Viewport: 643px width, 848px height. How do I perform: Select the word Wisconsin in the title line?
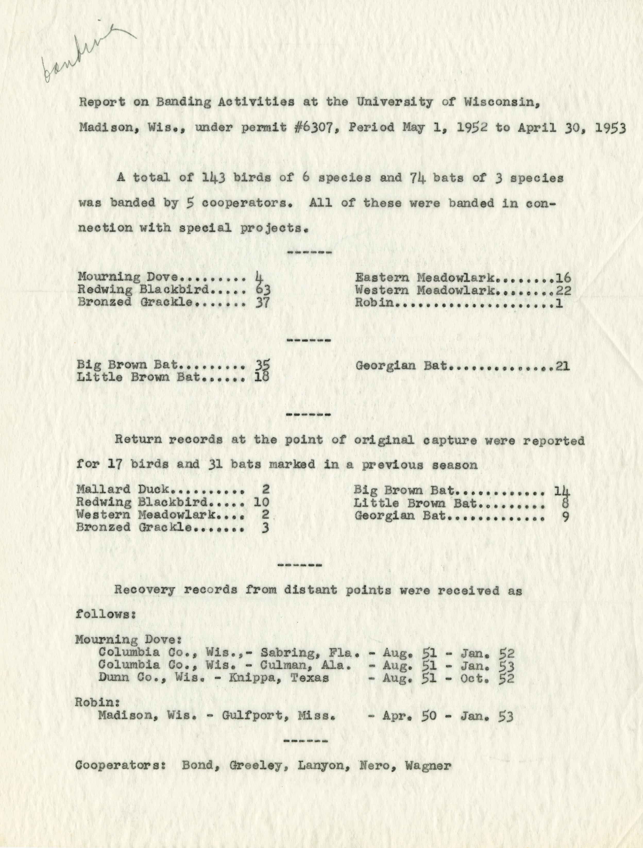[498, 102]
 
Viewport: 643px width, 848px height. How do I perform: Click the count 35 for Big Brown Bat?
[263, 365]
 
